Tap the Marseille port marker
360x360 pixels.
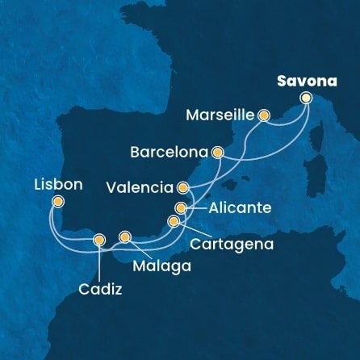263,115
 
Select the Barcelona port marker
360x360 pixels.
216,151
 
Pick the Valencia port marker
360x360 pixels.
183,188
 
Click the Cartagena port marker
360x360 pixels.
173,221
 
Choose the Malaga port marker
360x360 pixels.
124,237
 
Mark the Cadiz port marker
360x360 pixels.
99,239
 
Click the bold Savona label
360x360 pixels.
304,81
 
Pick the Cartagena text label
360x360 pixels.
229,243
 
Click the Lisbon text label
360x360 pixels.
57,184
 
